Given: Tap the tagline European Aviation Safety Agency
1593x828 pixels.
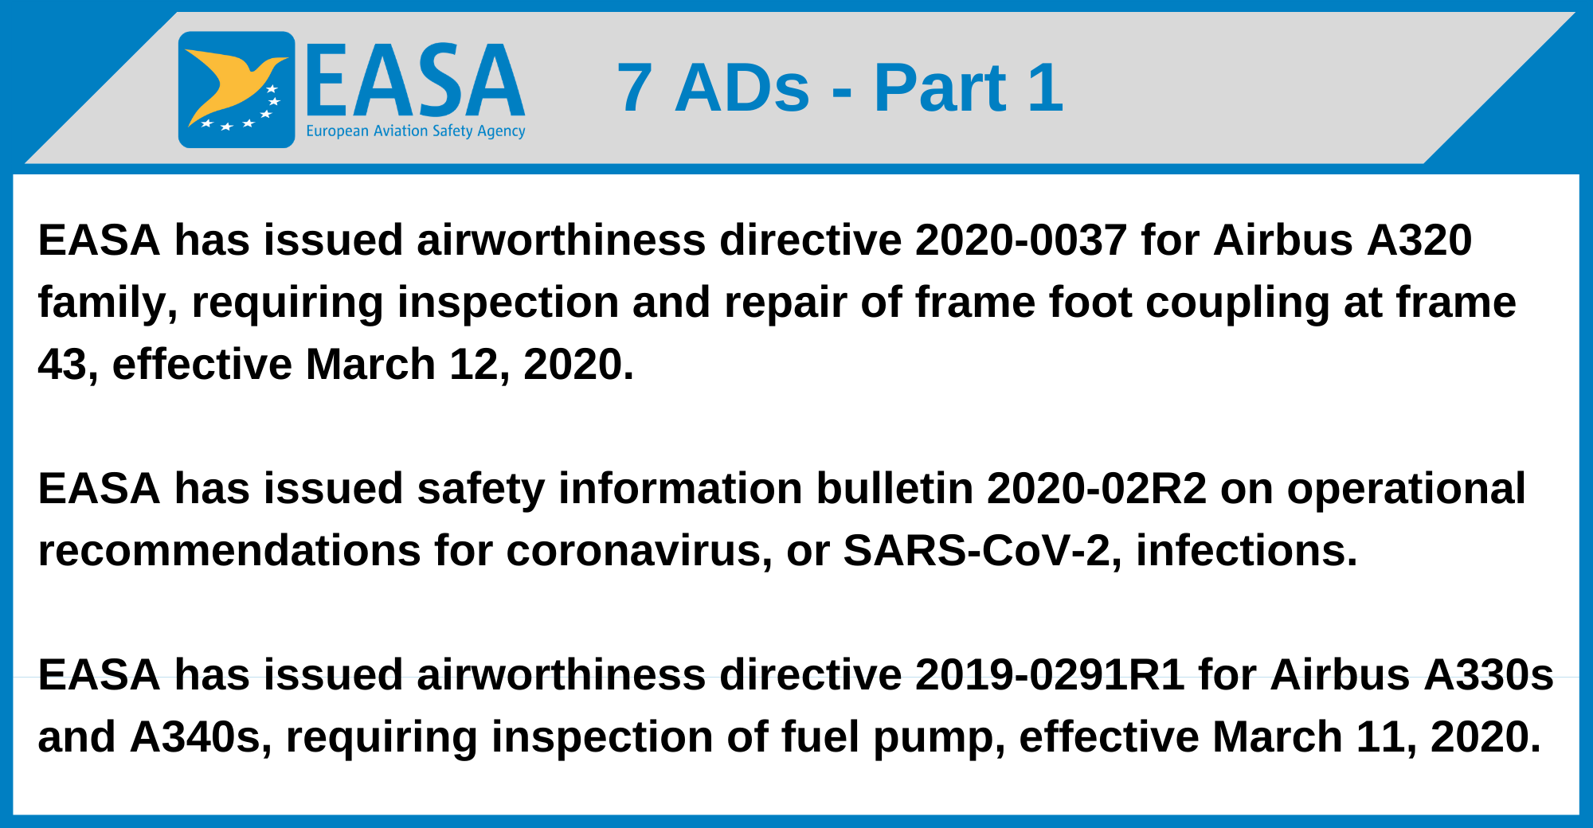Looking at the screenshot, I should (415, 131).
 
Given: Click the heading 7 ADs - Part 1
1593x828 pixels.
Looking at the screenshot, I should (840, 88).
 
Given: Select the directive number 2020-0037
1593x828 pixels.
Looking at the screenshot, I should (1020, 240).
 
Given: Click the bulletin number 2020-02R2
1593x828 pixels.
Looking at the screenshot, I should (1097, 489).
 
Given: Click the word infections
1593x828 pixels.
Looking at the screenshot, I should (1246, 551).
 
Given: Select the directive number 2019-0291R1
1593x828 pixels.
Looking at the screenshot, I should (1049, 675).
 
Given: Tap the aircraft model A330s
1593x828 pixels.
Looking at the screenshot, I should (1491, 675).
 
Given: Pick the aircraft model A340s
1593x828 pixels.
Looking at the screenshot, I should (196, 737).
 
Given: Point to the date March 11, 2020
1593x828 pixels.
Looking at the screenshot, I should (1376, 737).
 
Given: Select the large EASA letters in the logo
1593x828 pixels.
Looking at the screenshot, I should (415, 82).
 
